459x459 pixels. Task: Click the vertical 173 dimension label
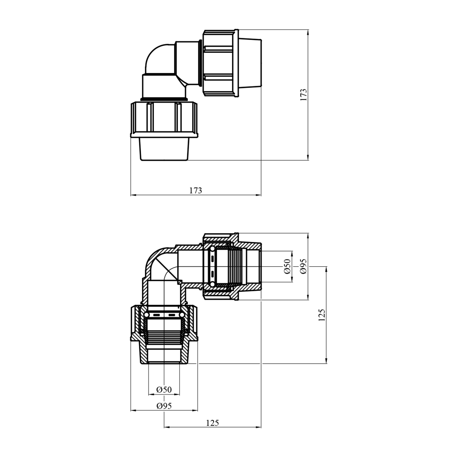click(303, 95)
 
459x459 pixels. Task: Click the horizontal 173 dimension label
click(196, 191)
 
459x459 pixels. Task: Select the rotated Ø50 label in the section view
click(287, 266)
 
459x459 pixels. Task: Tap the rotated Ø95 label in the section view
click(303, 266)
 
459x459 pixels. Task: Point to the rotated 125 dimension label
click(322, 315)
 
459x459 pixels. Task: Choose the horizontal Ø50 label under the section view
click(164, 390)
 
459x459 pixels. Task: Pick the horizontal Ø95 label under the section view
click(164, 406)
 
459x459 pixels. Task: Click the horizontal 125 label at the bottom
click(212, 423)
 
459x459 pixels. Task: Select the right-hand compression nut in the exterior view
click(220, 63)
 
